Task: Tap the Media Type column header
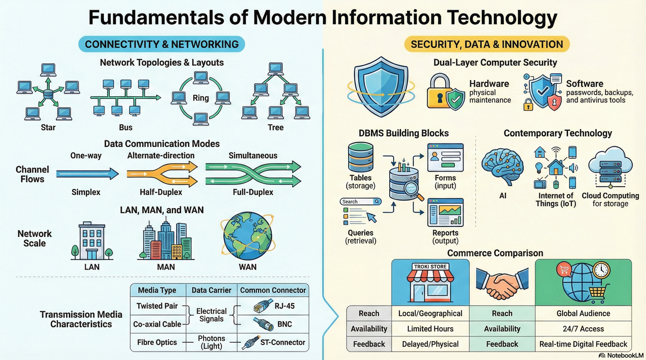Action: (x=157, y=290)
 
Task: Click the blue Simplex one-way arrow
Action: (x=87, y=173)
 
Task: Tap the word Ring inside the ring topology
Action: (x=200, y=98)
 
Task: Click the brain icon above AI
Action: (x=500, y=165)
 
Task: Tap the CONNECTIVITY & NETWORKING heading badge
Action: (x=161, y=44)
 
